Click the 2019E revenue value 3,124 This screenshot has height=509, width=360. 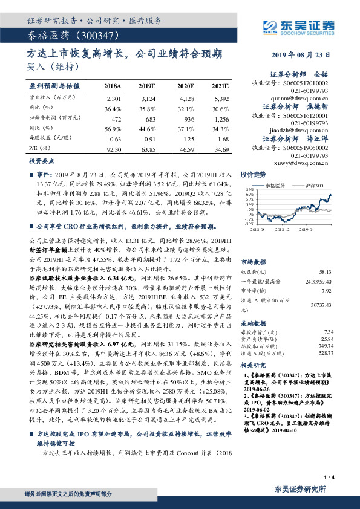point(148,97)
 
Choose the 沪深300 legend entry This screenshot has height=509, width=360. point(315,186)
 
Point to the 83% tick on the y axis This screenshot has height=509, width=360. point(249,190)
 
